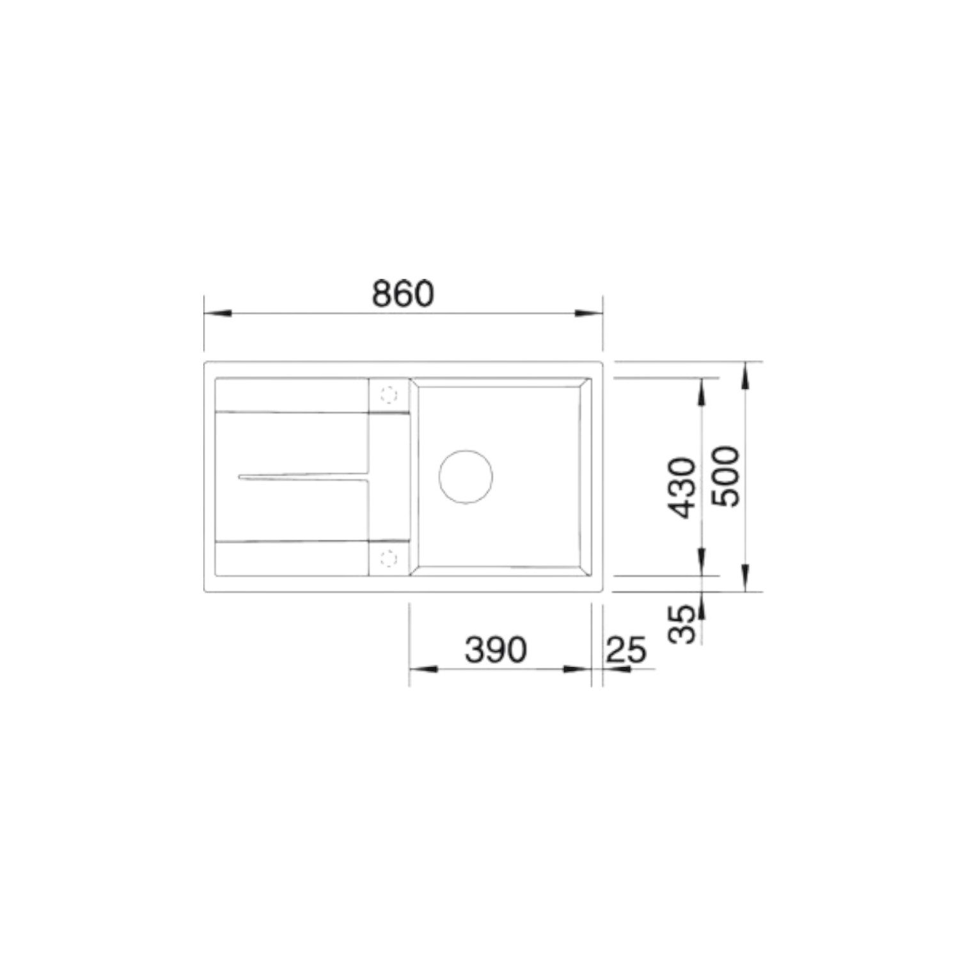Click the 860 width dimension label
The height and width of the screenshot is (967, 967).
coord(403,294)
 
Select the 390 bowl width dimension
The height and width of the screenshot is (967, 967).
coord(496,650)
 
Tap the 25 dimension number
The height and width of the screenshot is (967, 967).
coord(626,650)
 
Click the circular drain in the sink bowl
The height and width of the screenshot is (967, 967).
coord(466,478)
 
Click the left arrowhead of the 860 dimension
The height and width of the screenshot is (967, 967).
coord(217,313)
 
